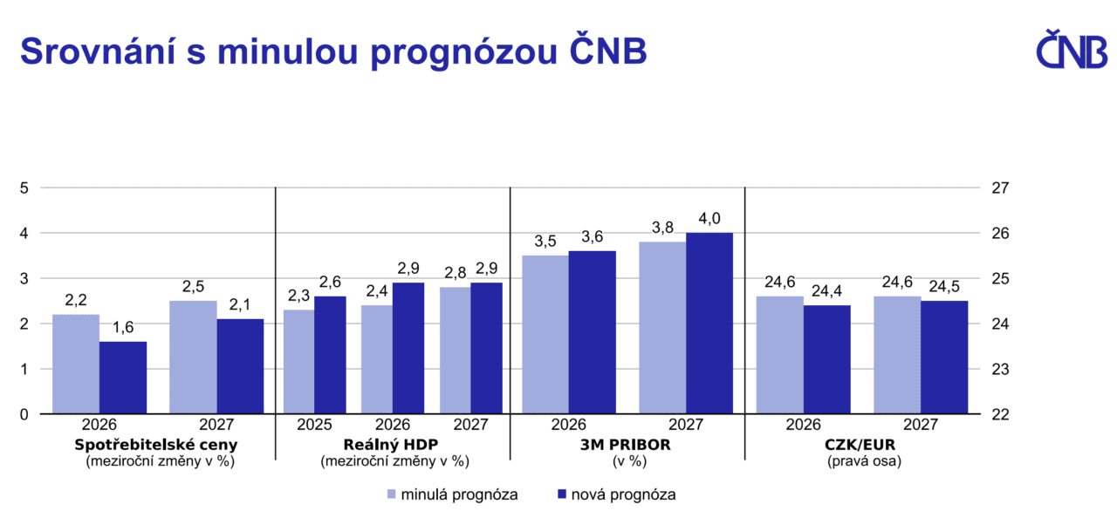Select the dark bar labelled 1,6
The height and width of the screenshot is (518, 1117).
pos(122,378)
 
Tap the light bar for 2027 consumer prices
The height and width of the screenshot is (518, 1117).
pos(193,358)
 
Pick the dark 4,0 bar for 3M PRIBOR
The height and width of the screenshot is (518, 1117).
pos(709,324)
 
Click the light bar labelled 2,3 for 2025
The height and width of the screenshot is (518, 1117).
pos(298,362)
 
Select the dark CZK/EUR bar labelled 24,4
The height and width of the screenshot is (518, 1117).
pos(826,359)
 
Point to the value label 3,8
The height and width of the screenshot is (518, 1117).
pos(662,228)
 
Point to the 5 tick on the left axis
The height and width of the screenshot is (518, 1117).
pos(25,187)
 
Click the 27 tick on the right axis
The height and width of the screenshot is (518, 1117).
pos(1001,187)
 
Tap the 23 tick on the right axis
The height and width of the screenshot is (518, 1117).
pos(1001,369)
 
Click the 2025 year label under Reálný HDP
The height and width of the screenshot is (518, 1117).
pos(314,426)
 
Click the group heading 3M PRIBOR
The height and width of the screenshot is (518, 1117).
pos(627,444)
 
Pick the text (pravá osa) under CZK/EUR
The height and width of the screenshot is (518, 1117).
pos(863,461)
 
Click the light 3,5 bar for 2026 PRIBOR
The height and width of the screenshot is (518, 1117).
pos(545,334)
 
